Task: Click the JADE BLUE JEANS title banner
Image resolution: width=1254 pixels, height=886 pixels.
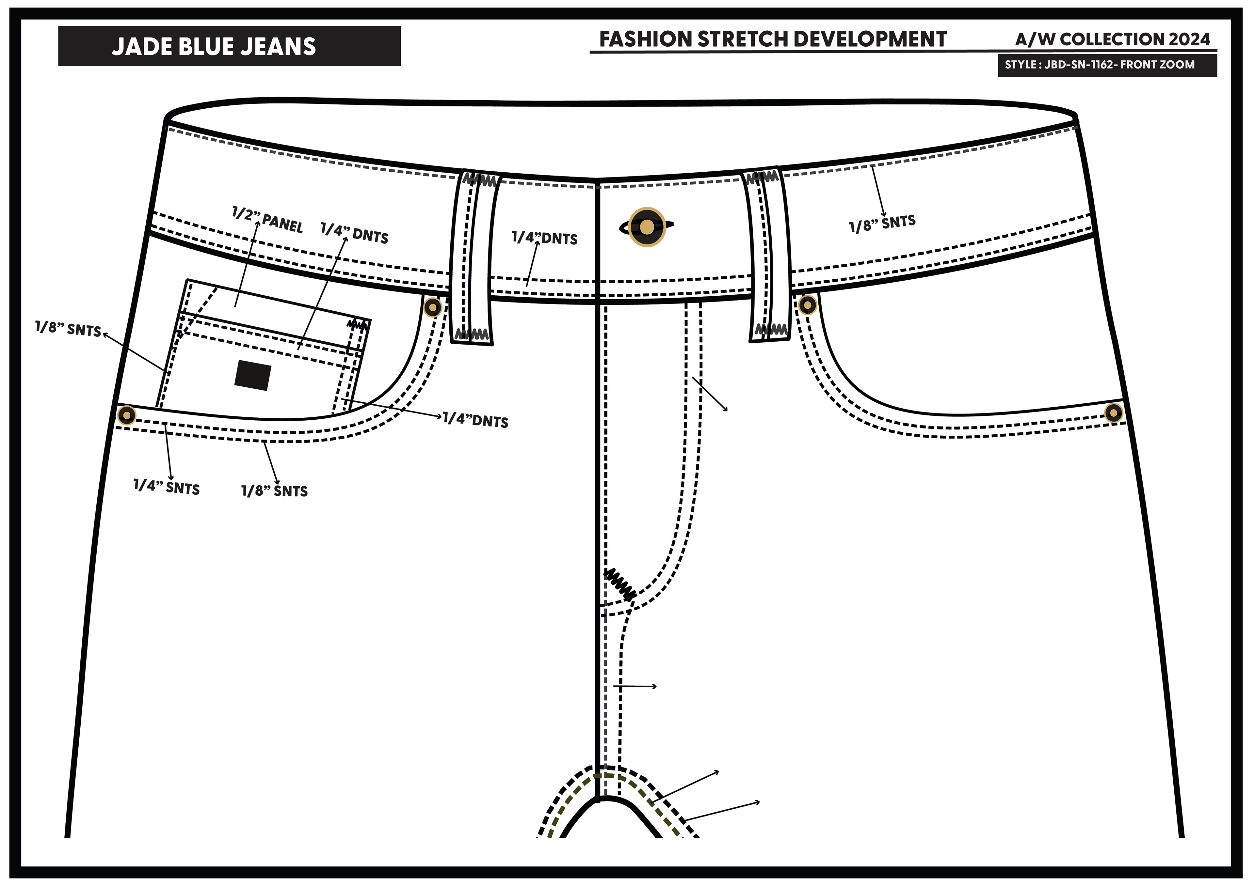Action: (x=229, y=46)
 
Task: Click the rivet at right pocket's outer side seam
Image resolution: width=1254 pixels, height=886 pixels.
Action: (x=1113, y=413)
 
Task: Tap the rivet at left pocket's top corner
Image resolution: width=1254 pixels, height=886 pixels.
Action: (x=433, y=308)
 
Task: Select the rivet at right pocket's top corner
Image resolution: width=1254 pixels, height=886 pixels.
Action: (x=807, y=304)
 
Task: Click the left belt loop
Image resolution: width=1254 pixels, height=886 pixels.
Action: (x=471, y=258)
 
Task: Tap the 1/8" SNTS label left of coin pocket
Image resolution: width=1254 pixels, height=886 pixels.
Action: (x=68, y=329)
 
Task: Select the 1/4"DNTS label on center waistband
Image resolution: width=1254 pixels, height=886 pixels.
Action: (x=544, y=238)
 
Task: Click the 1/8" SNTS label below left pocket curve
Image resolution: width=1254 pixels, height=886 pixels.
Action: (x=275, y=491)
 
